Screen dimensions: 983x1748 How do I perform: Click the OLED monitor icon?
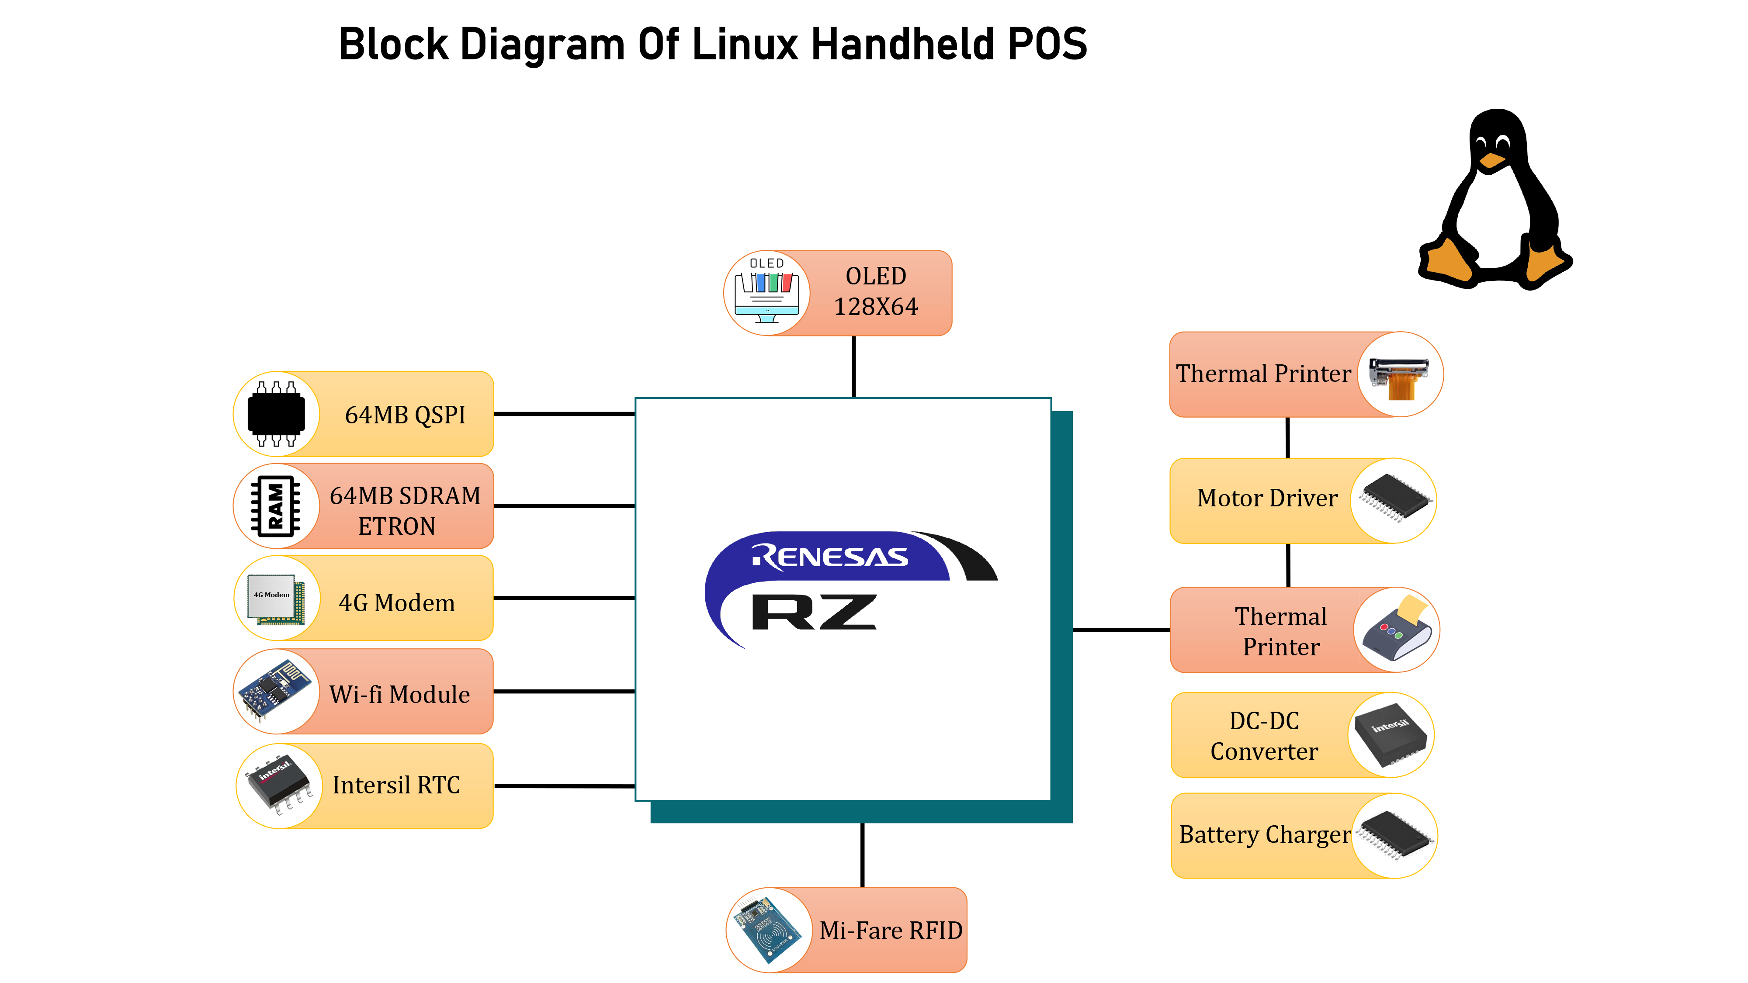pos(767,293)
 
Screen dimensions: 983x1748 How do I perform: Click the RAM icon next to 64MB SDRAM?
pos(275,506)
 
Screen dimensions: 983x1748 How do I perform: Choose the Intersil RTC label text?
pos(396,785)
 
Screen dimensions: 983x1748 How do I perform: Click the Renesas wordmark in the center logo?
pos(829,557)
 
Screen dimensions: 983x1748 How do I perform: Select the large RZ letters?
pos(814,612)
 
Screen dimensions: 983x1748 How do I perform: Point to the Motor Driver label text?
pos(1267,498)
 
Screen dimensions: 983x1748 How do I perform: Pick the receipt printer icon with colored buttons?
pos(1397,630)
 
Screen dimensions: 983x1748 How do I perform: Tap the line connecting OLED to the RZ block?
pos(853,367)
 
